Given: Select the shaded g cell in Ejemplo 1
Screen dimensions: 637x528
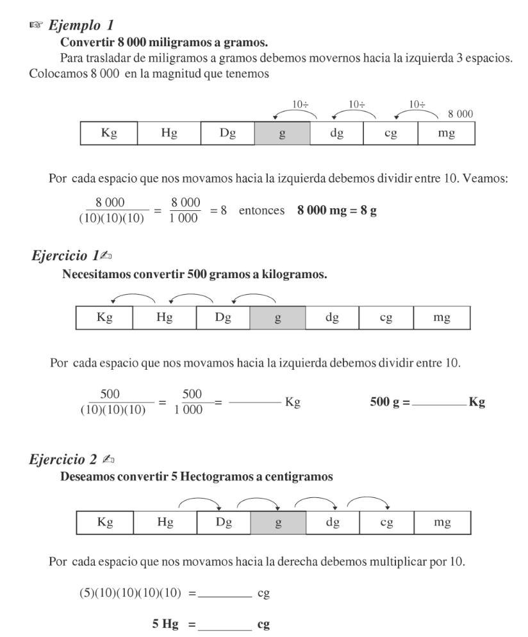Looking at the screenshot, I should pyautogui.click(x=283, y=133).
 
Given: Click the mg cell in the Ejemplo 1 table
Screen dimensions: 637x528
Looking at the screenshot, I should pyautogui.click(x=446, y=133).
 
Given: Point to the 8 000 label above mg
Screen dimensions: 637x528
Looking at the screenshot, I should pyautogui.click(x=460, y=113).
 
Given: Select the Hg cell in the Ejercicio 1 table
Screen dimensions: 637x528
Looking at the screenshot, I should pyautogui.click(x=164, y=318).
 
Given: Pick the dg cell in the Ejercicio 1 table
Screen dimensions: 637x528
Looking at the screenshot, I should pyautogui.click(x=332, y=318).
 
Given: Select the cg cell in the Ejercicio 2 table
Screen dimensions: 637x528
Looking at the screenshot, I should pyautogui.click(x=386, y=522).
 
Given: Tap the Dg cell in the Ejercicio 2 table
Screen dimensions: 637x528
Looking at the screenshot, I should pyautogui.click(x=223, y=522).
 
